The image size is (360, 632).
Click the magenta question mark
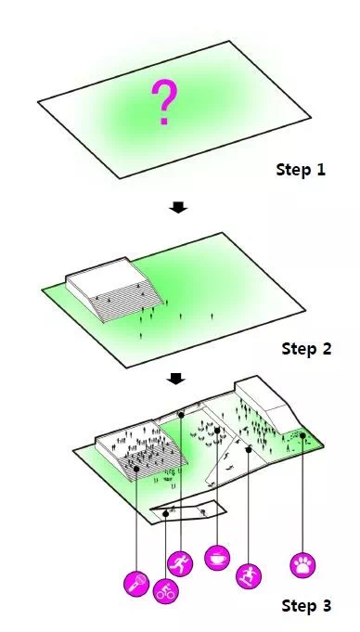click(x=163, y=101)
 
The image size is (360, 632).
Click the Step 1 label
click(x=301, y=170)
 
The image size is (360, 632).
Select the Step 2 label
click(x=306, y=349)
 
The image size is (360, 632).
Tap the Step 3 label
click(x=306, y=605)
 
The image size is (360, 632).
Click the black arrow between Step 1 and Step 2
click(x=178, y=207)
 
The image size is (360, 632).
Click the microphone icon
click(x=136, y=583)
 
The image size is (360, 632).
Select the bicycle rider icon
click(x=165, y=591)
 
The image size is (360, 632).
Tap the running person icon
click(x=180, y=563)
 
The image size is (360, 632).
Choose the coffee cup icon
click(x=217, y=558)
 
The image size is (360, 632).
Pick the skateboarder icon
click(x=249, y=575)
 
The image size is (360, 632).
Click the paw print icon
click(x=302, y=565)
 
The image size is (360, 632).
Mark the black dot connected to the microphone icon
click(x=136, y=469)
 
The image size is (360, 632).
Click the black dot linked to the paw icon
click(x=302, y=435)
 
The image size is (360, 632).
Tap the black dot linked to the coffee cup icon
click(x=217, y=431)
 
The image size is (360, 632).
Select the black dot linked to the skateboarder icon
click(x=249, y=449)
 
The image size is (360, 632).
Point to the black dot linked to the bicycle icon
click(x=166, y=513)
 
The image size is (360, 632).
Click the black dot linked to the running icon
click(x=181, y=415)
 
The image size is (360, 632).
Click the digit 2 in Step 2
click(x=327, y=349)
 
